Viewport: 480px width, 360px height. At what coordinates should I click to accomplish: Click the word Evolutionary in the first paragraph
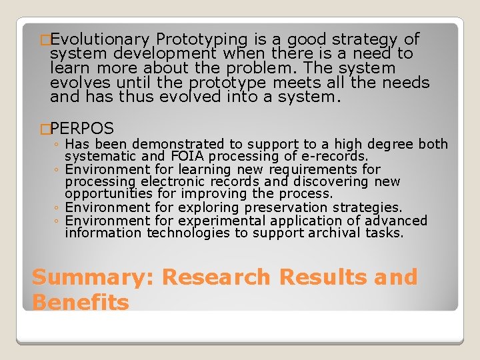99,39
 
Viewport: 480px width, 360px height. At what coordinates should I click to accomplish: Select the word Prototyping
200,39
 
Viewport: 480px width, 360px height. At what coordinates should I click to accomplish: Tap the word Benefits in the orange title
80,302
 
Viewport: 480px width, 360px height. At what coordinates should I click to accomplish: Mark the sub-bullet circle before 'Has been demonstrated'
58,145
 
